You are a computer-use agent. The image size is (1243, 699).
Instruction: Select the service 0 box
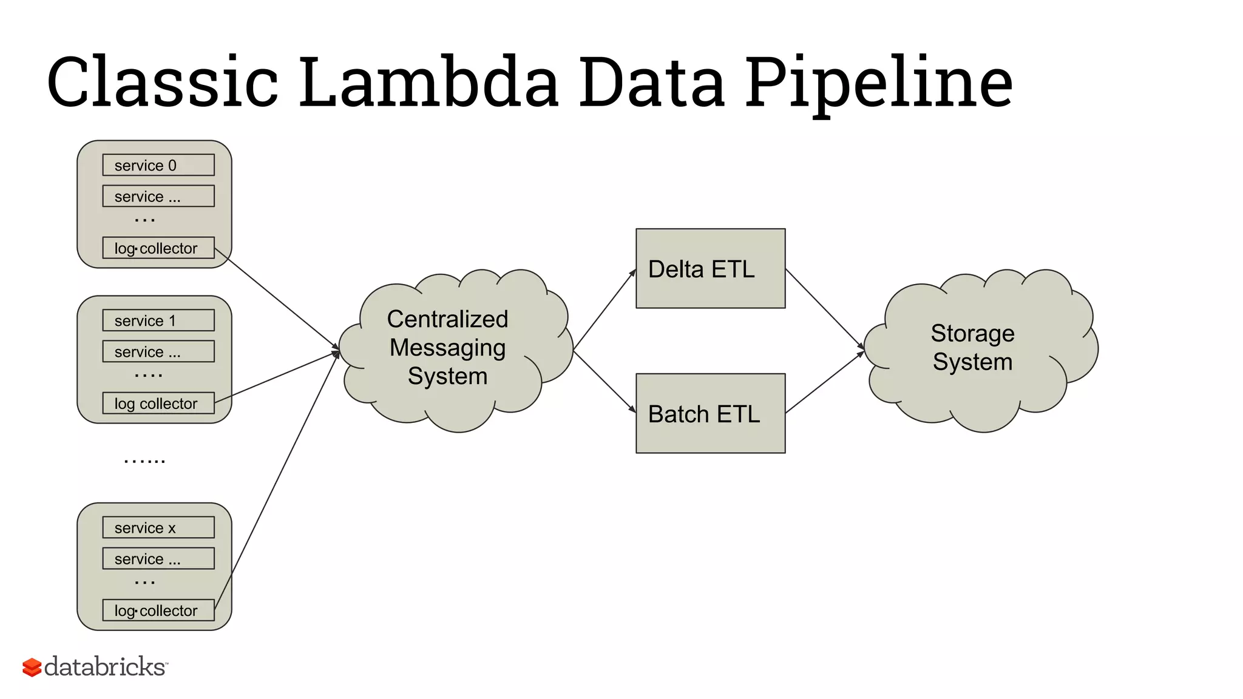158,165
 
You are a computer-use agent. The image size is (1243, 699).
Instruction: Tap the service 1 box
158,320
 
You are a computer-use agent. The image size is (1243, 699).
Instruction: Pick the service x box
158,527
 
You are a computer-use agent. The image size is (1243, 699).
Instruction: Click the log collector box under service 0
158,248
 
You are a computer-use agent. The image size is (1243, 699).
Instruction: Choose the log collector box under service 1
158,404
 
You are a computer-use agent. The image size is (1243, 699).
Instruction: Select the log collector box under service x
158,610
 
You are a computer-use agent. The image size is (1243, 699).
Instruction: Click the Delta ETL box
710,269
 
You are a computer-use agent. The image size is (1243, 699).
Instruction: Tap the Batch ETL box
710,413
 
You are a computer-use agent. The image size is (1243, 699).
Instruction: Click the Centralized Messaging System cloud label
448,348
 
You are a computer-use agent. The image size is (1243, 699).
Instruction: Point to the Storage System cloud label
972,348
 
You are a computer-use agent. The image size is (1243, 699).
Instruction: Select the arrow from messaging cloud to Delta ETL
605,310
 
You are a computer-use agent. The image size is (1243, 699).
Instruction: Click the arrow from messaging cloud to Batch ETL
605,382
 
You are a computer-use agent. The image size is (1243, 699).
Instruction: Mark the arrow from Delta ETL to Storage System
824,309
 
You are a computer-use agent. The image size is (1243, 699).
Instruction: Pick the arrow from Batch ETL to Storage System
824,382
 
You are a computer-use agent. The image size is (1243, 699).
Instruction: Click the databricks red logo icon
32,667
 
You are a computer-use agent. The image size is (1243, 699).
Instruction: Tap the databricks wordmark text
104,667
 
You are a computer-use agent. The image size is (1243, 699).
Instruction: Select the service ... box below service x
158,558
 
